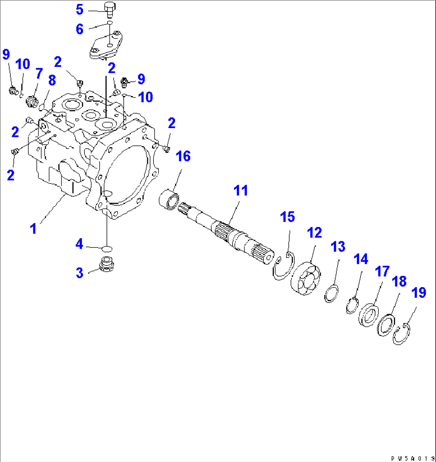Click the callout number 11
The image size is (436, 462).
point(241,191)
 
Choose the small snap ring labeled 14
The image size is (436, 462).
point(352,307)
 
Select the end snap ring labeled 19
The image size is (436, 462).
point(401,335)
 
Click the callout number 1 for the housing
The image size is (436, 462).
point(34,229)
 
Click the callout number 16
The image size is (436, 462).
point(183,156)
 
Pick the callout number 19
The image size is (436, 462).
point(419,293)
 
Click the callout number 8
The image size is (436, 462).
point(52,80)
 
